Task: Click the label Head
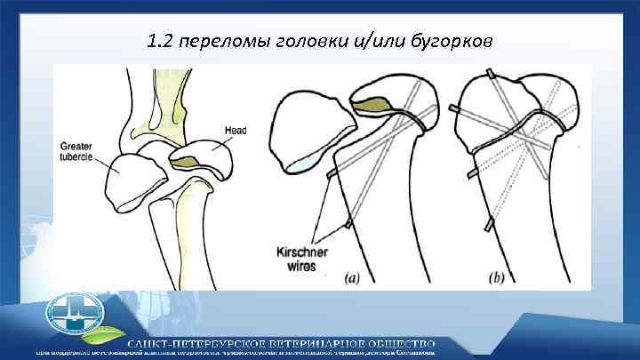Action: (236, 131)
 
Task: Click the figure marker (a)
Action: (352, 277)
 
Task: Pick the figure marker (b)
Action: (495, 277)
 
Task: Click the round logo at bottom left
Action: (75, 316)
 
